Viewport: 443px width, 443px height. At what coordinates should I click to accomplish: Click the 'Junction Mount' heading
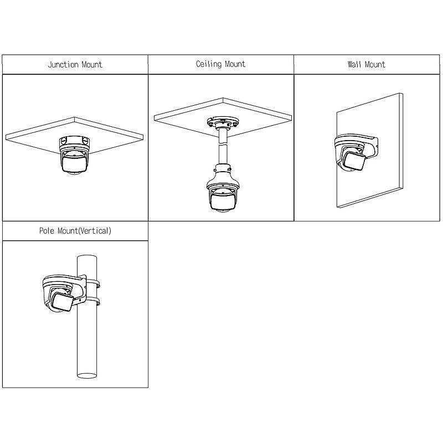click(x=75, y=65)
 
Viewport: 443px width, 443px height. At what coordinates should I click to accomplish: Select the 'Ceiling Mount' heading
click(x=220, y=64)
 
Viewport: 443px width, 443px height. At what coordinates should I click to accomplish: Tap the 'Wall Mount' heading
click(x=366, y=65)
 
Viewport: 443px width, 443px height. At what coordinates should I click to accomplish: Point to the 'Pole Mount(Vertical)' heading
click(x=75, y=231)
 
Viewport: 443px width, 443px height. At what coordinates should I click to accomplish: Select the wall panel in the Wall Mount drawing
click(x=382, y=166)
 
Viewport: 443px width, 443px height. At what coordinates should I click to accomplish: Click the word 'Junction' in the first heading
click(x=63, y=65)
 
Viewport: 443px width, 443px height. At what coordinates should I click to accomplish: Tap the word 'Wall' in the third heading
click(x=354, y=65)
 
